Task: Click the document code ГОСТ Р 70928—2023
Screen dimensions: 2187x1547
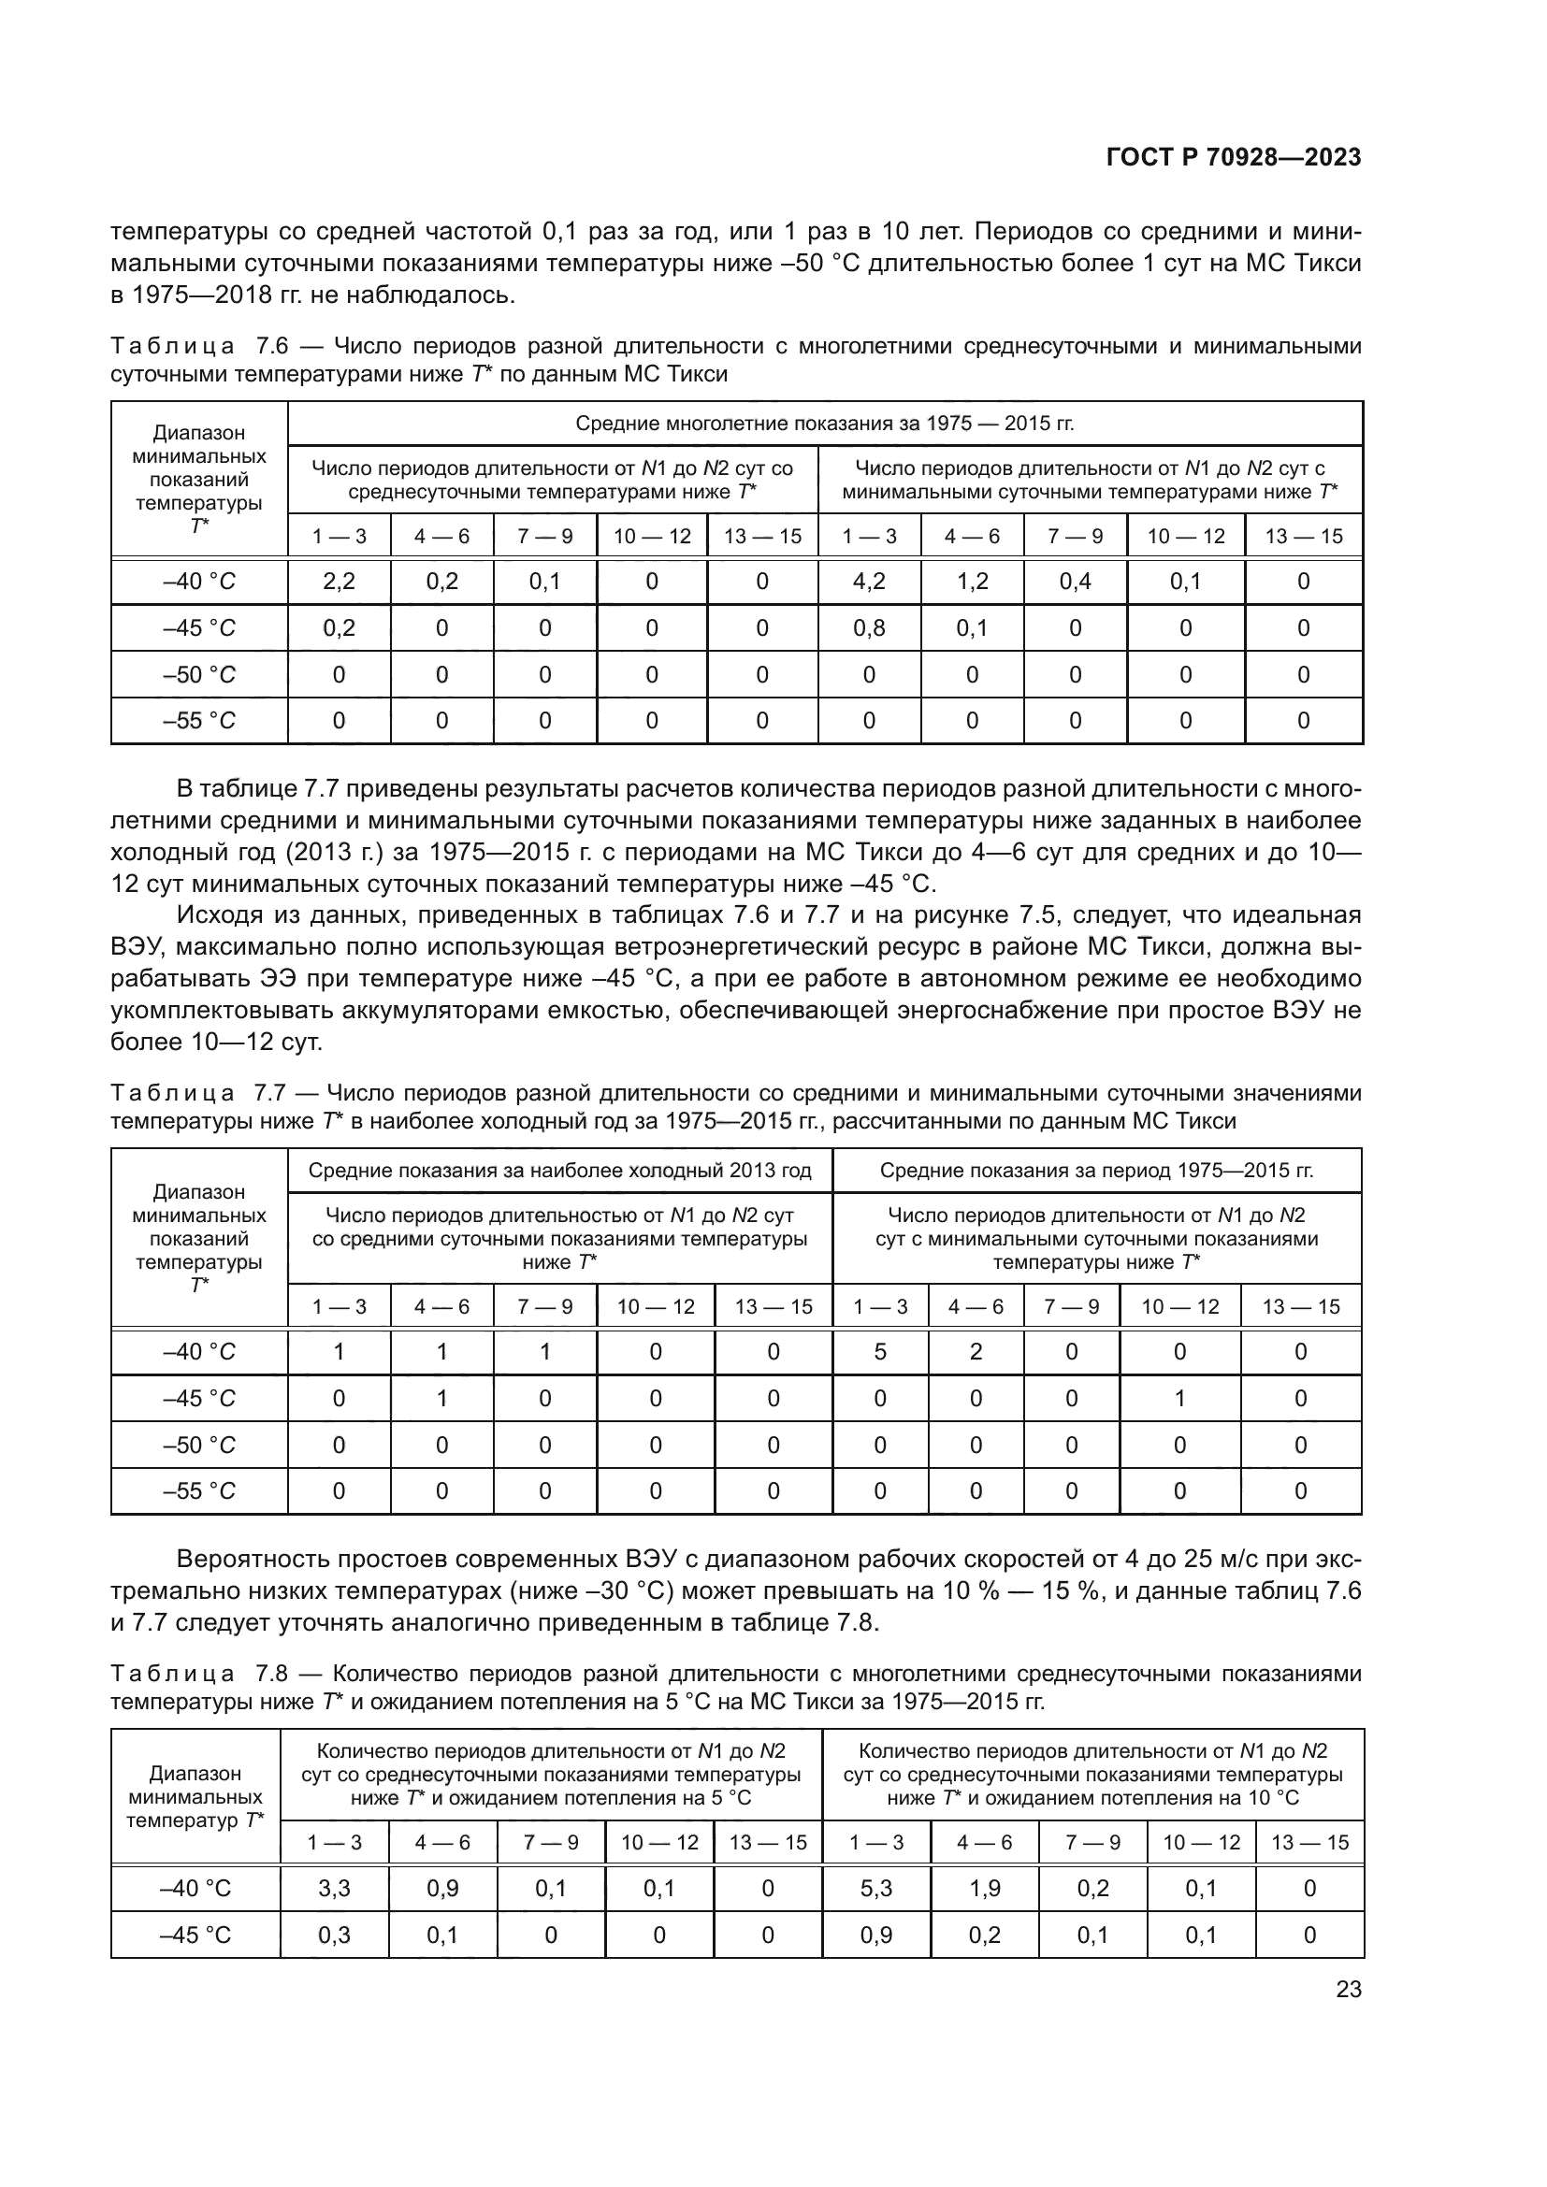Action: click(x=1234, y=158)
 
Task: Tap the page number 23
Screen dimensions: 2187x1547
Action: click(x=1348, y=1989)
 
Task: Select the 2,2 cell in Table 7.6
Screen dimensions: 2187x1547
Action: click(x=339, y=581)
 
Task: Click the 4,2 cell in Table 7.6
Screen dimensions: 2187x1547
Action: click(x=868, y=581)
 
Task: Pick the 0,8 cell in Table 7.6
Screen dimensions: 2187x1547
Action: click(x=868, y=627)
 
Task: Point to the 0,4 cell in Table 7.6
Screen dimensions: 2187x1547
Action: click(x=1075, y=581)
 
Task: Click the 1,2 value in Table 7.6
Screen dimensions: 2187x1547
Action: click(x=972, y=581)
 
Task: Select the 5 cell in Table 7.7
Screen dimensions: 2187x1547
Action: click(x=879, y=1352)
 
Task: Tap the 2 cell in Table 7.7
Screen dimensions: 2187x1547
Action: click(x=976, y=1352)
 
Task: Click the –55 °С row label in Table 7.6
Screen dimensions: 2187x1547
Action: click(x=198, y=721)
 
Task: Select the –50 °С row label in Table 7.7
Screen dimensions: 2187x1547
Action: click(x=198, y=1445)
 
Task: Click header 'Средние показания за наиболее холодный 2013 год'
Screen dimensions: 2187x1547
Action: click(x=559, y=1171)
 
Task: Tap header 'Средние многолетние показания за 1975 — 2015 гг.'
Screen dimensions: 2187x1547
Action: click(x=824, y=423)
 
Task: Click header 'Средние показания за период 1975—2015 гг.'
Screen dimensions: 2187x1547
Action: click(x=1096, y=1171)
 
